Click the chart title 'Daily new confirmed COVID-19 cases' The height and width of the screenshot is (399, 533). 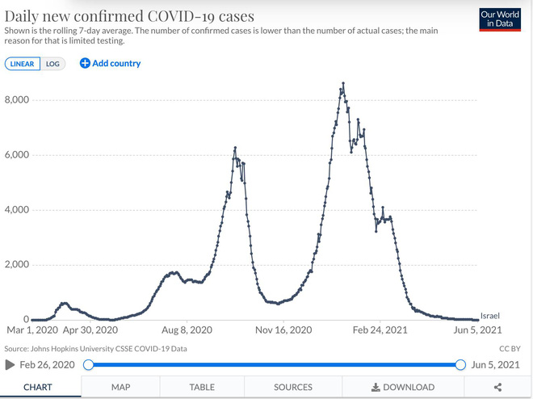click(x=129, y=15)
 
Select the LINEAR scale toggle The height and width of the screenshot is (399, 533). click(x=23, y=64)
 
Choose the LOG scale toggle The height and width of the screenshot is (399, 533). click(x=52, y=64)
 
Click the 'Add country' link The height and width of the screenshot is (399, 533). click(x=110, y=63)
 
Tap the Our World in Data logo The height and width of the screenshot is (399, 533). click(x=498, y=19)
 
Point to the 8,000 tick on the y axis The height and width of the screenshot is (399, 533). click(x=16, y=100)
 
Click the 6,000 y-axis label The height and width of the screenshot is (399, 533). click(x=16, y=155)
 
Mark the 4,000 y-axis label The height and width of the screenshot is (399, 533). click(x=16, y=210)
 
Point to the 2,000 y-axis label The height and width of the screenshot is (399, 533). click(x=16, y=265)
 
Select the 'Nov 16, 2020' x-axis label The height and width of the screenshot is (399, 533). click(x=283, y=330)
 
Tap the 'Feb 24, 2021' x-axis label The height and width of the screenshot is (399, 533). click(x=380, y=330)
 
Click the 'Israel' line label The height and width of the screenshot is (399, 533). click(x=490, y=315)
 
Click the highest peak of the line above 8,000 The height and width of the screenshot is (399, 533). click(x=343, y=83)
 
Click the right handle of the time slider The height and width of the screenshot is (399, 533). click(x=460, y=364)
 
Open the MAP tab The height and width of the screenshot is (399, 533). click(x=120, y=387)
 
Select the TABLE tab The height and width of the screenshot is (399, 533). click(x=202, y=387)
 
